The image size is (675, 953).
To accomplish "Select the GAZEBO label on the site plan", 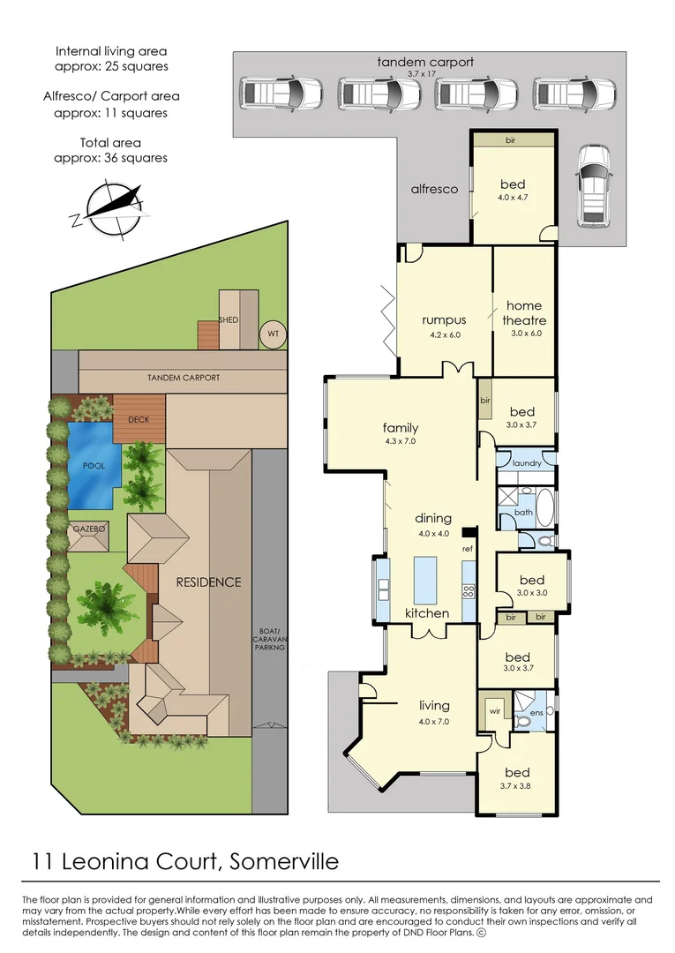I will (x=88, y=528).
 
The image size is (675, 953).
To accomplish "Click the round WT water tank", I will (x=272, y=334).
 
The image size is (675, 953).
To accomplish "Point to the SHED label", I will (x=229, y=319).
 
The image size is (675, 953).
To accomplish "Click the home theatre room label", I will (x=523, y=313).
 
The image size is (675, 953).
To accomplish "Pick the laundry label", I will (x=526, y=462).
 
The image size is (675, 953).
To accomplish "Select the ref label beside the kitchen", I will (x=468, y=549).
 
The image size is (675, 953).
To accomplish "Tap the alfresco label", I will (x=434, y=189).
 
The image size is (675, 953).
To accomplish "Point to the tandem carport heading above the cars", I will (x=424, y=62).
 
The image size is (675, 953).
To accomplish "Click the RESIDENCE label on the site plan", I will (x=207, y=582).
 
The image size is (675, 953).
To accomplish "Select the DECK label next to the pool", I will (x=139, y=420).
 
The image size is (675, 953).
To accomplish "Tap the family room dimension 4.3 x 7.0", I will (x=401, y=441).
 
